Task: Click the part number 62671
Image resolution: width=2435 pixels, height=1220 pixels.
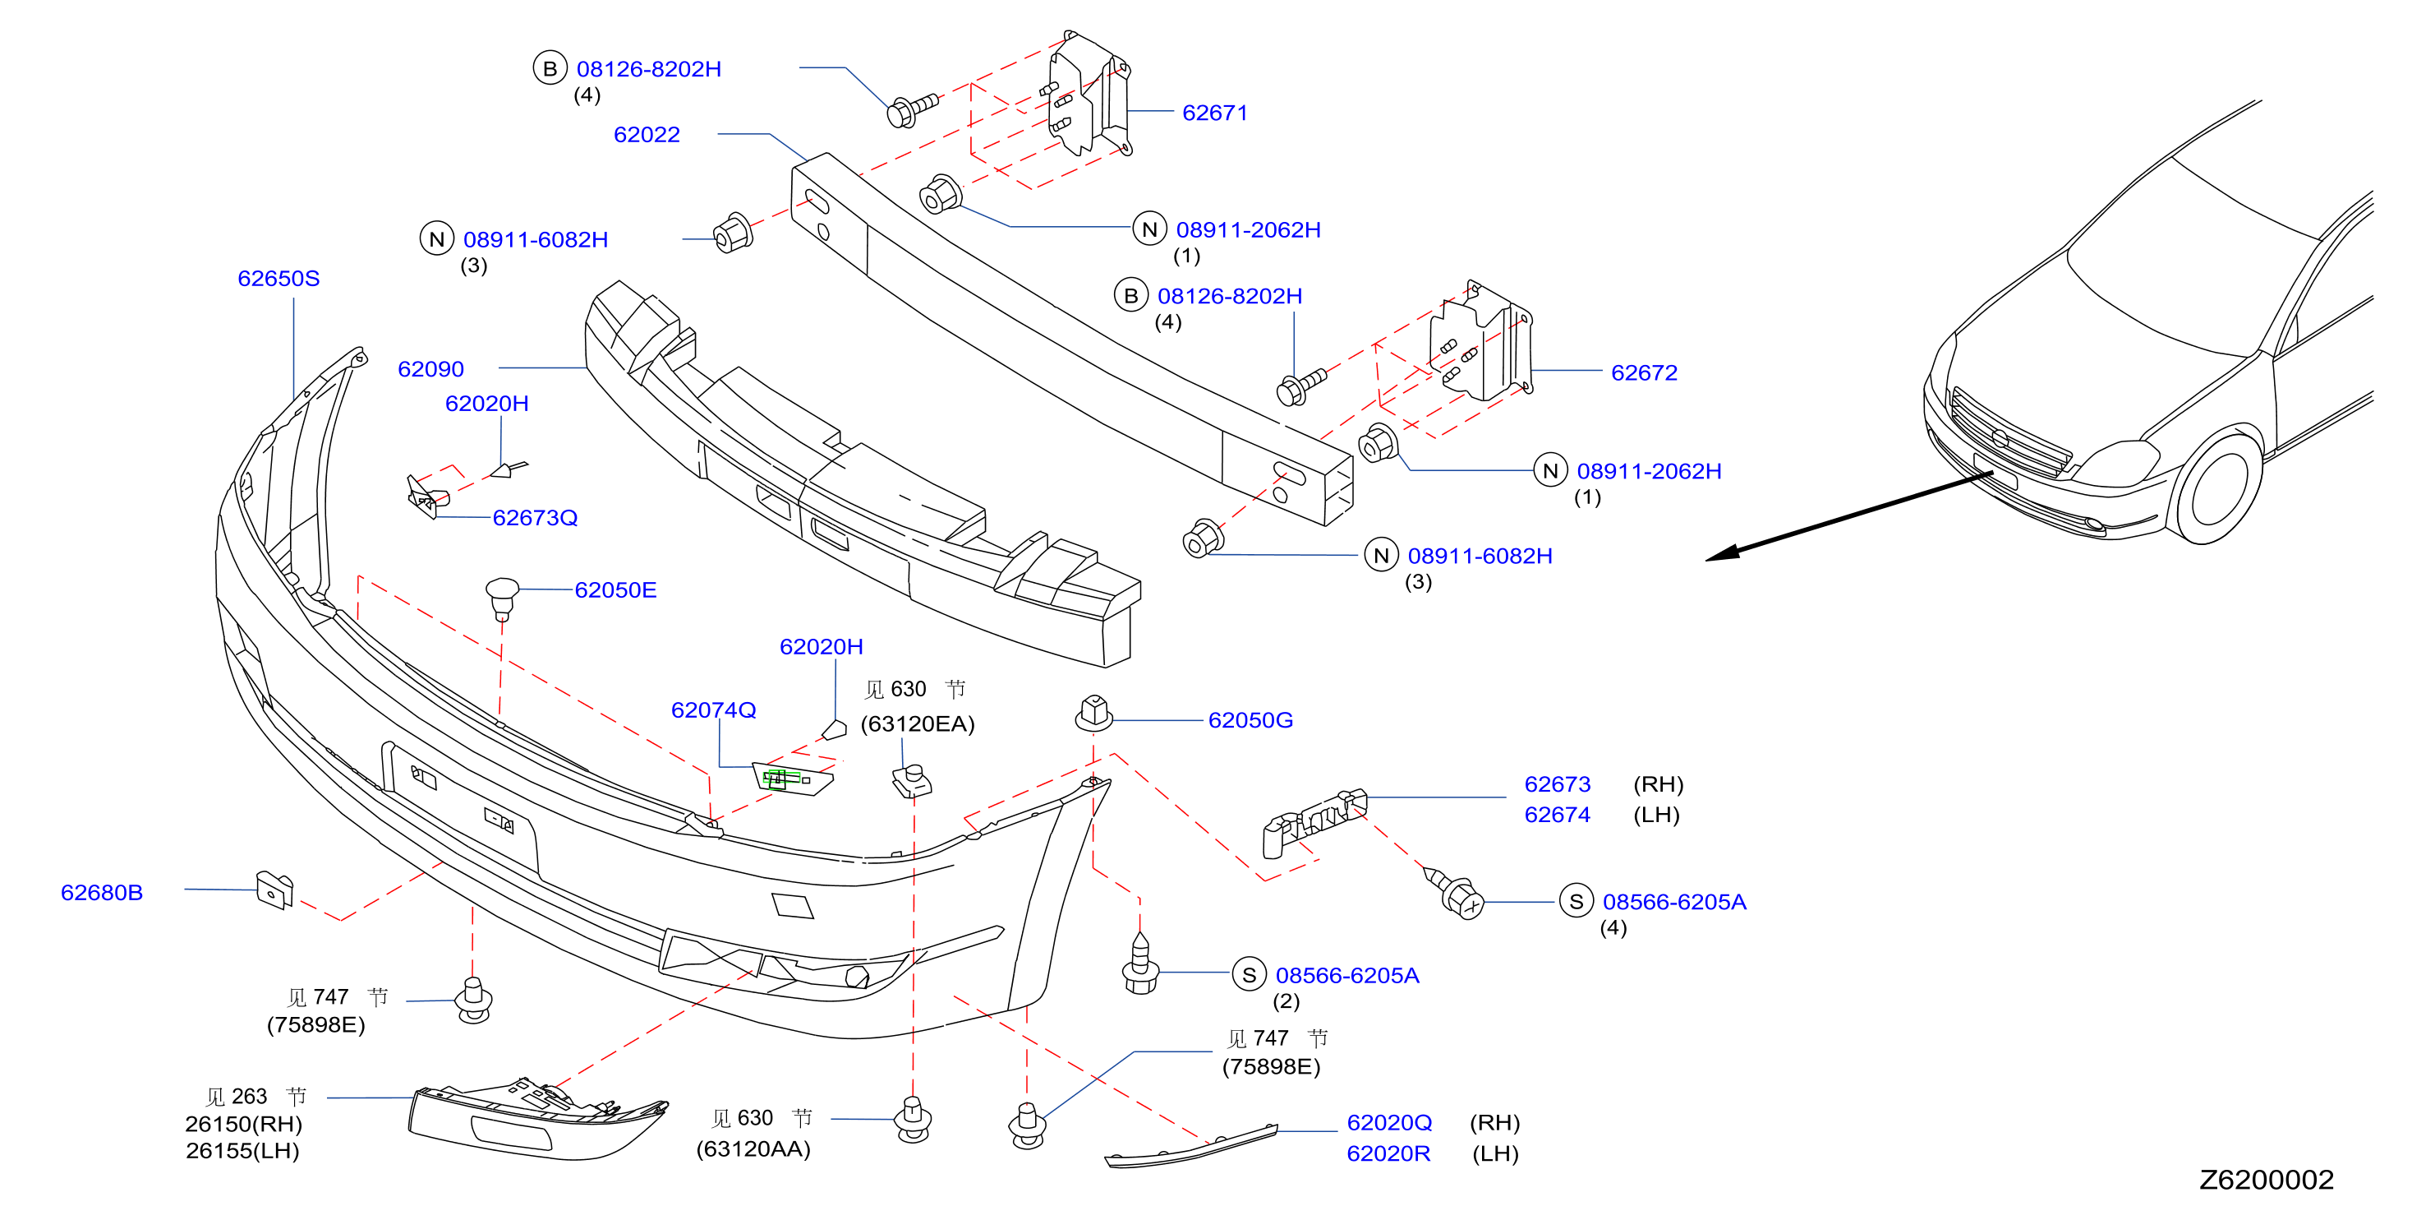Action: tap(1215, 113)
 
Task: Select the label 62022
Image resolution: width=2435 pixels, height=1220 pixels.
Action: tap(647, 134)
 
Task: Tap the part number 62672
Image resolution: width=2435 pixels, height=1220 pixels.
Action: tap(1644, 372)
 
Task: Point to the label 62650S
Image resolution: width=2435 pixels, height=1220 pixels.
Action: tap(278, 278)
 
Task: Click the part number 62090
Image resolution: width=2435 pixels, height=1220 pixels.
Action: tap(431, 369)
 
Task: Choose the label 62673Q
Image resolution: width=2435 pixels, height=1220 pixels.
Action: tap(535, 517)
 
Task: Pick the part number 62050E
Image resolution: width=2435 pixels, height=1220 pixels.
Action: tap(615, 590)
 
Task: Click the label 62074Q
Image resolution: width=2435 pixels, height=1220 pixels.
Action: tap(714, 709)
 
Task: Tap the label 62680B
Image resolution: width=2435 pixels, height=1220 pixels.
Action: tap(102, 893)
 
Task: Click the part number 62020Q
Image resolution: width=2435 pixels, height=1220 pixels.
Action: tap(1389, 1123)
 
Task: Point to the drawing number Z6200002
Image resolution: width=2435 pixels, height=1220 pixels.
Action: tap(2267, 1180)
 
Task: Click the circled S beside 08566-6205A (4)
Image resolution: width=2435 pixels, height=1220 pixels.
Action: tap(1576, 901)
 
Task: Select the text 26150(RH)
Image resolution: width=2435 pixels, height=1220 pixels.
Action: tap(244, 1124)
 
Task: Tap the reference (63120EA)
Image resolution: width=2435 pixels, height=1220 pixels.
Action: tap(918, 723)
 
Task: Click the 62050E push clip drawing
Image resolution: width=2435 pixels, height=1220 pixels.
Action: tap(502, 598)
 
